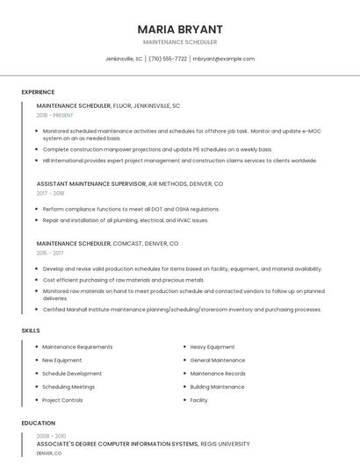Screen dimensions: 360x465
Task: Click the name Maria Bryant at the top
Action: (179, 29)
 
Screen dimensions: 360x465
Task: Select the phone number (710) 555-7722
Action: (168, 59)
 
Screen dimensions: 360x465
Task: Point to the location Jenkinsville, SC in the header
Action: (123, 59)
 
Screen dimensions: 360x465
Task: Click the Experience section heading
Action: (38, 92)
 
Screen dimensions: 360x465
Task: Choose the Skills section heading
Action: (30, 330)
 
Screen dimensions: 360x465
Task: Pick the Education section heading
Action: (38, 423)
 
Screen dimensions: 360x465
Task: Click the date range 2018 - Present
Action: (54, 115)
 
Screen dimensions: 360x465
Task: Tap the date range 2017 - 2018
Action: (50, 193)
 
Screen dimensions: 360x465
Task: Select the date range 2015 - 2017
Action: (50, 253)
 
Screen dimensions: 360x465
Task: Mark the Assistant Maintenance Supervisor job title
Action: (91, 184)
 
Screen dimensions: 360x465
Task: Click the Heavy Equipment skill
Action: (212, 347)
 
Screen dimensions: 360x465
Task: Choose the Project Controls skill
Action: (62, 400)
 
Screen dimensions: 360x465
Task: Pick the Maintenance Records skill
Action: (217, 374)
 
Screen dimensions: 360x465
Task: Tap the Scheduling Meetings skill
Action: (68, 387)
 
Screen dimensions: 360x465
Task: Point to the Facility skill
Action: (198, 400)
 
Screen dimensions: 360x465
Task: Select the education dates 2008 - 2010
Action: (51, 436)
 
